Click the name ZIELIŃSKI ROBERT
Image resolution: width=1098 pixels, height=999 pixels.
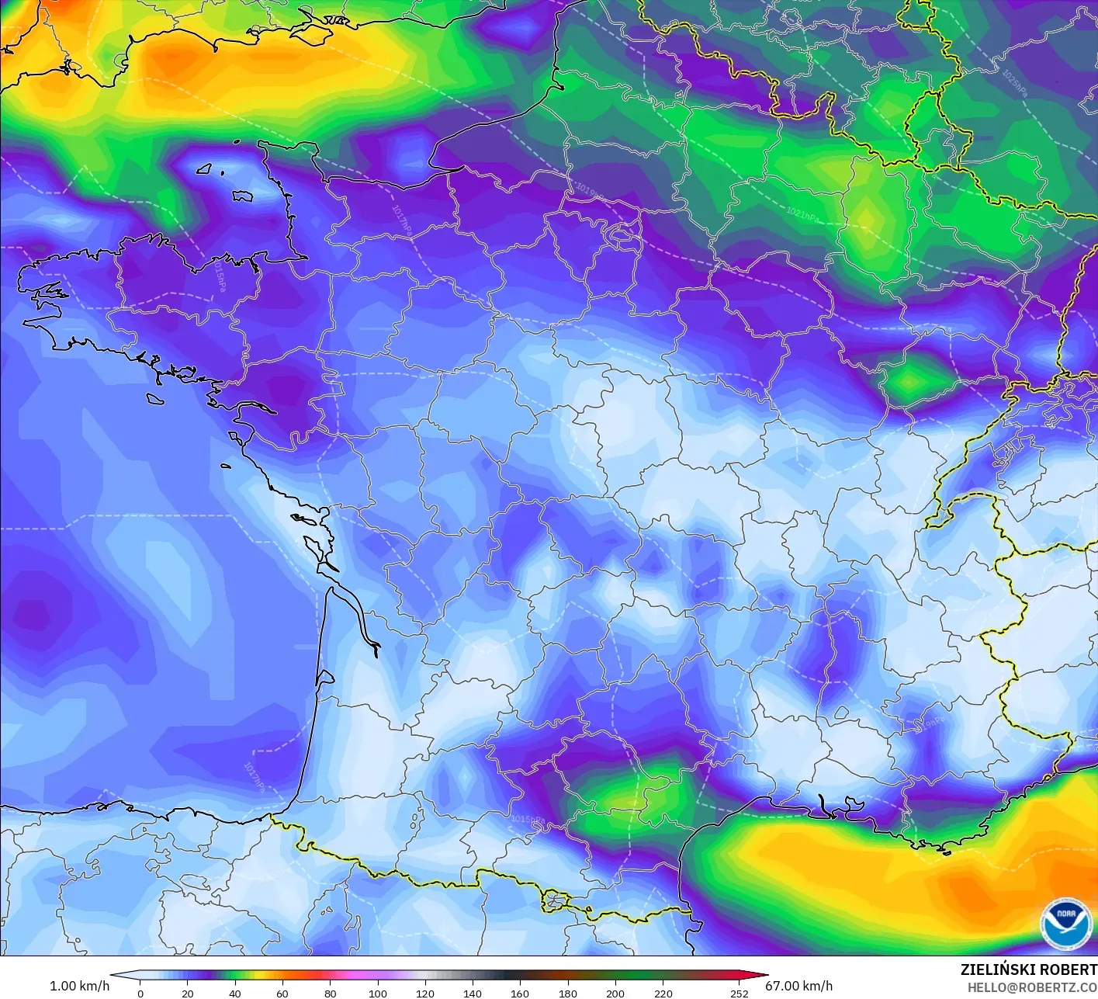(1028, 970)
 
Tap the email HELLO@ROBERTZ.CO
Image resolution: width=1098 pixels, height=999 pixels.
(1032, 987)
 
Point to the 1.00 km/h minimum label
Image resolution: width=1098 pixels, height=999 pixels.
(79, 986)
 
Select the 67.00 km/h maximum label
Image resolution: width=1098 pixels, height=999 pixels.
(799, 986)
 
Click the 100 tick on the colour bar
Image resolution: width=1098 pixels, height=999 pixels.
(378, 993)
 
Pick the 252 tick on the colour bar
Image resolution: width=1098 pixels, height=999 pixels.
(740, 993)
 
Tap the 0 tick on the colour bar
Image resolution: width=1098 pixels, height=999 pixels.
(140, 993)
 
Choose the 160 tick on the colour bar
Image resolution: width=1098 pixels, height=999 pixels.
(520, 993)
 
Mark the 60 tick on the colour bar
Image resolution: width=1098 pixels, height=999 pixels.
(282, 993)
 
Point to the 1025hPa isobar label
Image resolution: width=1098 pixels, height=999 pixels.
(1015, 84)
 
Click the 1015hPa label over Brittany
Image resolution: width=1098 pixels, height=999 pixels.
(220, 277)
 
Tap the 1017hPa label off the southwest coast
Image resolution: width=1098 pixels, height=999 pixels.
(253, 776)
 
